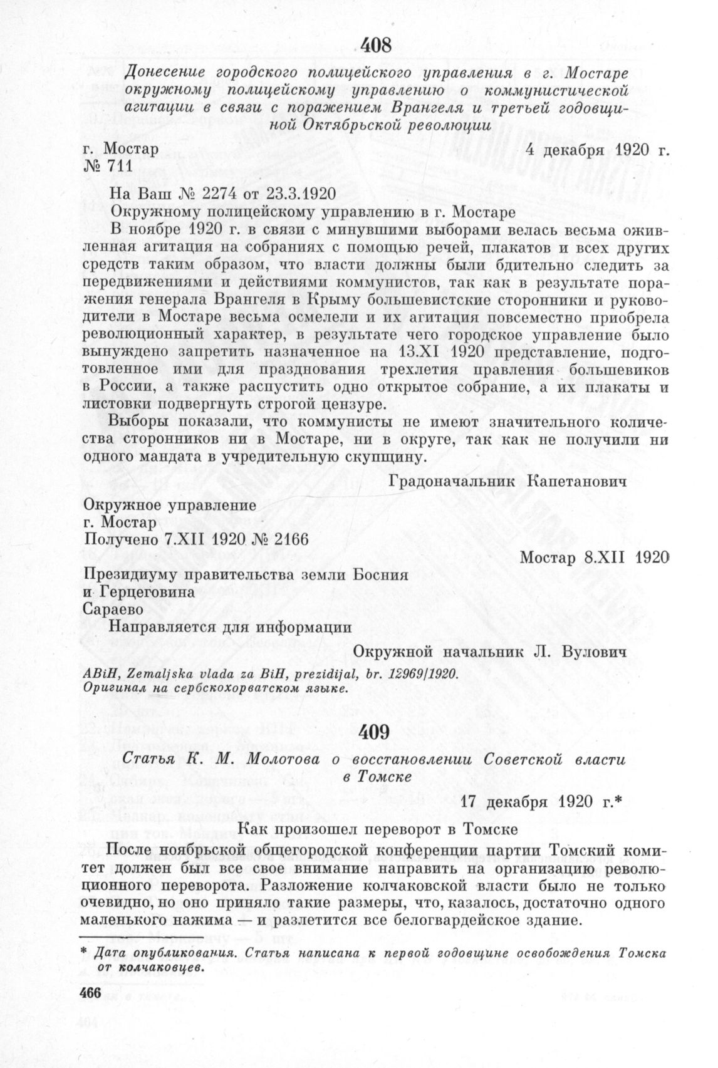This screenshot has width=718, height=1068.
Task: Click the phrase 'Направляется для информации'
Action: [230, 626]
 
